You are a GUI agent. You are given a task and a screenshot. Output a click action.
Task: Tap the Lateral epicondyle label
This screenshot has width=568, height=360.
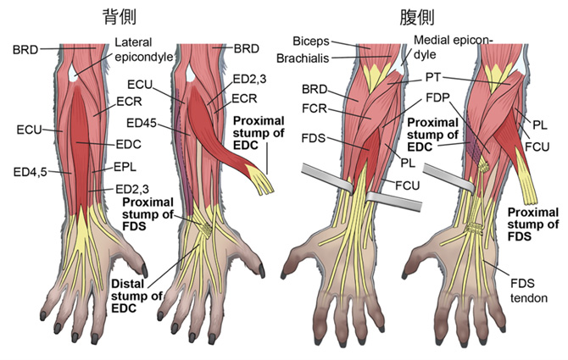(x=142, y=49)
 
